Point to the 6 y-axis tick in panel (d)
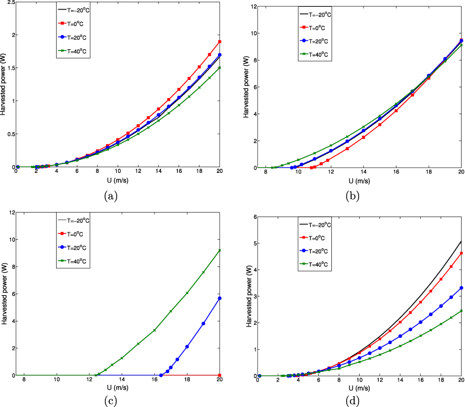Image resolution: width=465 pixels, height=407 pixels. coord(254,217)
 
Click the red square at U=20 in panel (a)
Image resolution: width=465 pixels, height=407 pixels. coord(220,41)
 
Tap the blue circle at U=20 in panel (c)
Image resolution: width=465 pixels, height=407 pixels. coord(220,298)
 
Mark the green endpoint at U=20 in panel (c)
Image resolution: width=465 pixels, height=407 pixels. coord(220,251)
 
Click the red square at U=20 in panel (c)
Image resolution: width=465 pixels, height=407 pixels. coord(220,375)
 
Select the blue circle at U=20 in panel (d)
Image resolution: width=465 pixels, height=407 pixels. coord(460,288)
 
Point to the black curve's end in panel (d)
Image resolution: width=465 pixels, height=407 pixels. coord(460,241)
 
